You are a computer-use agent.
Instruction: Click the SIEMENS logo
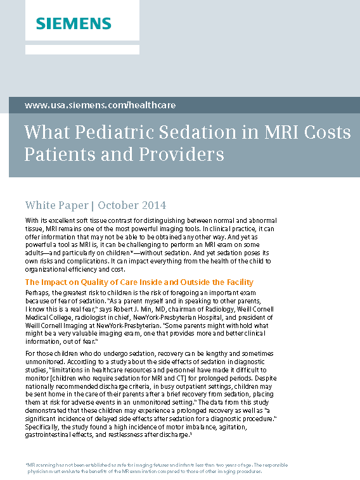(73, 23)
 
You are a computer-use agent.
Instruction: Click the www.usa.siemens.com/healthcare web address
(100, 105)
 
